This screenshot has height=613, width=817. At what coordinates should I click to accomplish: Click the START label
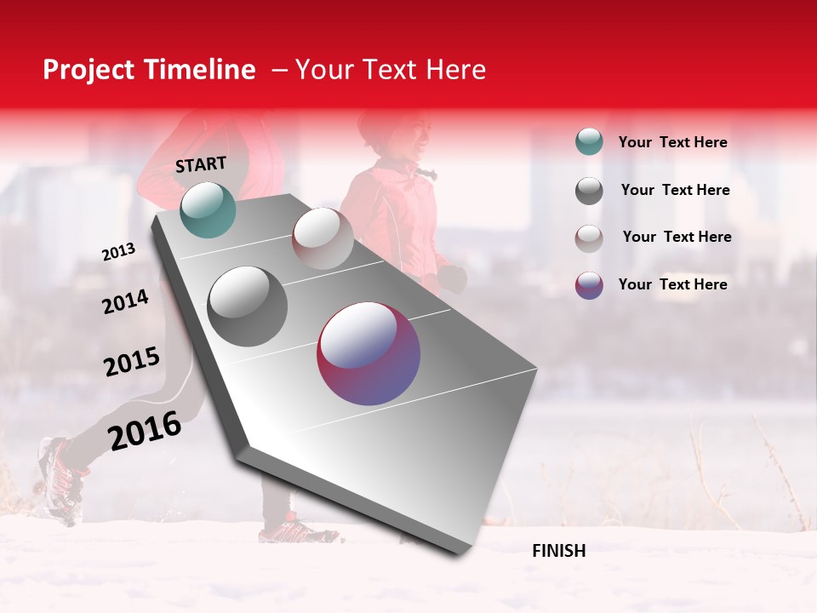click(x=201, y=164)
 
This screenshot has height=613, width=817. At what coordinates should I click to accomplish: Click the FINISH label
click(x=558, y=551)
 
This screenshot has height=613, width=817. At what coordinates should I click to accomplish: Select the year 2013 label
click(x=118, y=252)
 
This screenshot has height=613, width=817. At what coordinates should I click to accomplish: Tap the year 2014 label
click(x=125, y=302)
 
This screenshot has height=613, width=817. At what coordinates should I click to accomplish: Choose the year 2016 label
click(x=144, y=431)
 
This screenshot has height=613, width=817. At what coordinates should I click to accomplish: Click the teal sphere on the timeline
click(x=208, y=209)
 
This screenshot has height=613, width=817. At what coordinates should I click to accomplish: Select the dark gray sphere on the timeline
click(x=248, y=306)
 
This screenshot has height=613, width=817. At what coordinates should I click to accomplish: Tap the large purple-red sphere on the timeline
click(x=369, y=353)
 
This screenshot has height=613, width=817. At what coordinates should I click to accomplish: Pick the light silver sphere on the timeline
click(x=323, y=238)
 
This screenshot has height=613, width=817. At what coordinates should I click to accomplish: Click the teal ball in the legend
click(x=589, y=142)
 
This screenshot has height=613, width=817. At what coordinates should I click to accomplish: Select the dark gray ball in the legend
click(x=589, y=191)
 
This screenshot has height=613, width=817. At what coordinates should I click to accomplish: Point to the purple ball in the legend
click(x=589, y=285)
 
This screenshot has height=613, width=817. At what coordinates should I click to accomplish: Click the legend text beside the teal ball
click(x=672, y=143)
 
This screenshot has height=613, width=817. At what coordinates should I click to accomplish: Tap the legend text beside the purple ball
click(x=672, y=284)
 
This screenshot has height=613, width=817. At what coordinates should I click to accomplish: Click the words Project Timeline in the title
click(x=149, y=70)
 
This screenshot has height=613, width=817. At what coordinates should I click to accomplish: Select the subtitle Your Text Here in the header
click(x=390, y=70)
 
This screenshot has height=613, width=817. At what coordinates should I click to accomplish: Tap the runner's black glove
click(x=454, y=278)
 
